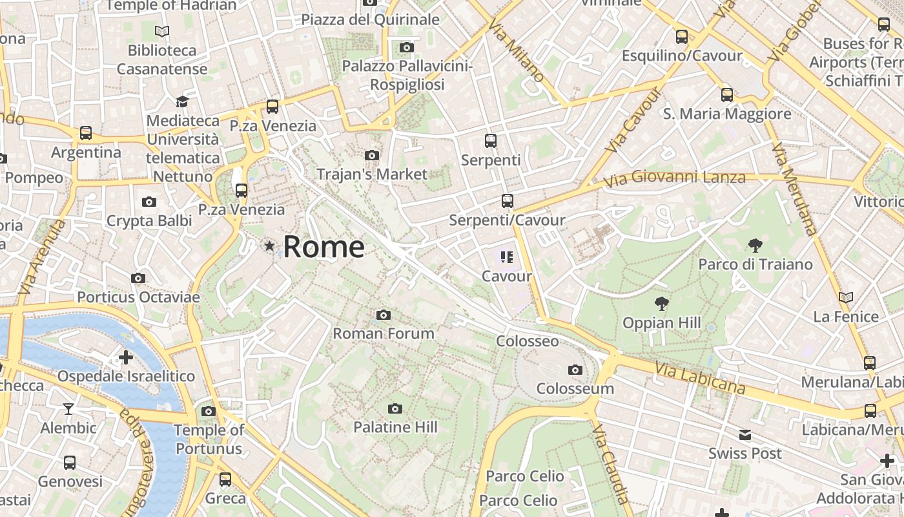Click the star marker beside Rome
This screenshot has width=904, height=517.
point(269,246)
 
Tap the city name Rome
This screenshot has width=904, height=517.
point(324,247)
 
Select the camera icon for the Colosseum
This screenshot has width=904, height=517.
point(575,370)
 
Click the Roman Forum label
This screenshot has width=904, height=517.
point(384,333)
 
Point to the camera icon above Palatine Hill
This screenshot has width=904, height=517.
point(395,409)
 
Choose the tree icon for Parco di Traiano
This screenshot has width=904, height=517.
point(755,246)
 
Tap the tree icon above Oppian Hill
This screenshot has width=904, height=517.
point(661,304)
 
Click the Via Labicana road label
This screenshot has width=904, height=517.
point(700,378)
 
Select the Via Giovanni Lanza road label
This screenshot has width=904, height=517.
point(675,176)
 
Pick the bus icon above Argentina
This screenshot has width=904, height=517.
point(86,134)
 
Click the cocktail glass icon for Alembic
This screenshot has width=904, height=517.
point(68,409)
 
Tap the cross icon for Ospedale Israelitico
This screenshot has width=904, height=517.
point(126,357)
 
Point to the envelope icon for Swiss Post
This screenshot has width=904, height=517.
point(745,435)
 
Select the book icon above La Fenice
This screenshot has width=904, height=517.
point(845,298)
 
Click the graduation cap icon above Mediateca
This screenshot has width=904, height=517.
point(182,102)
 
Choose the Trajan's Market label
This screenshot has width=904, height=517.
point(372,174)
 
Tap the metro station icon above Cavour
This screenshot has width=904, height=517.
point(507,258)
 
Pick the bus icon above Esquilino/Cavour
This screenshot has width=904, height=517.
point(682,37)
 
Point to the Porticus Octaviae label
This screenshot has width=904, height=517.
point(138,297)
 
